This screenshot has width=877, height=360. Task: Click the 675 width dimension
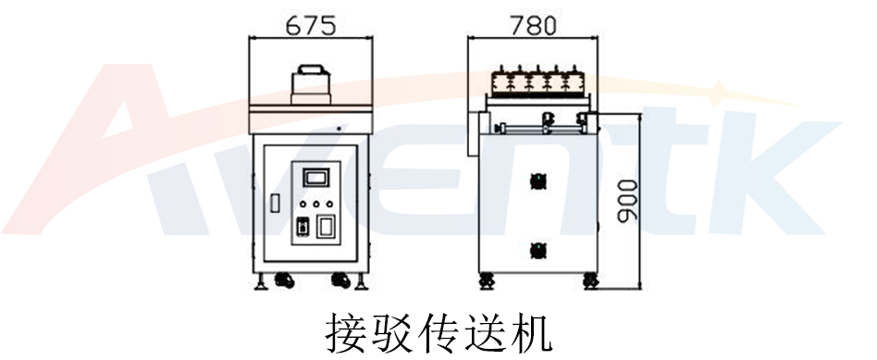pos(310,25)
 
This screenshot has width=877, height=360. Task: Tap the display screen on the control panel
pos(315,176)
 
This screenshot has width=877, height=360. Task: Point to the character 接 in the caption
pos(344,332)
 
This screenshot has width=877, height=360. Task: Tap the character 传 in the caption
pos(438,332)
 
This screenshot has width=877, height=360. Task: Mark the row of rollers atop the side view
pos(534,81)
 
